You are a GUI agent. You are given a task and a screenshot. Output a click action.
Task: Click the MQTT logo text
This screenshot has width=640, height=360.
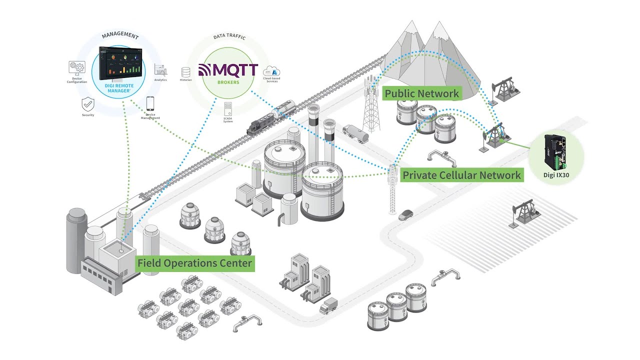(x=228, y=70)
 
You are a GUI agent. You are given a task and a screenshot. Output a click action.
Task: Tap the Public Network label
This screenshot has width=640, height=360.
(x=421, y=93)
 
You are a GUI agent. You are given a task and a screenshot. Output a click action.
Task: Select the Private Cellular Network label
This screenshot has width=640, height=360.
(x=461, y=175)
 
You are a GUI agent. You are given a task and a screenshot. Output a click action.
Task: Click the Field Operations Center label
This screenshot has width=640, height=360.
(x=194, y=263)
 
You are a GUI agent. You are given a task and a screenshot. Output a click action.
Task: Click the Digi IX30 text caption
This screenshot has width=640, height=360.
(x=556, y=175)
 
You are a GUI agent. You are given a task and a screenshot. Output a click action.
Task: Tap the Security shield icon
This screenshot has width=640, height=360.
(x=88, y=104)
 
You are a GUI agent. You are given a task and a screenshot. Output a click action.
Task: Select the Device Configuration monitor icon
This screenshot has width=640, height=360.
(x=76, y=68)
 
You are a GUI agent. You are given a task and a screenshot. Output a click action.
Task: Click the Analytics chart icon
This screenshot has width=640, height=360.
(x=160, y=70)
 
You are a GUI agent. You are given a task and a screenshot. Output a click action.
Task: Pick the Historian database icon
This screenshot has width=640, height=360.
(x=186, y=71)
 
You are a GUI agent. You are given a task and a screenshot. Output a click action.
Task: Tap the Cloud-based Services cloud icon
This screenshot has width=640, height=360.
(x=272, y=70)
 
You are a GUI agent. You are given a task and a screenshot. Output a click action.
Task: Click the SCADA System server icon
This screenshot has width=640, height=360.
(x=228, y=108)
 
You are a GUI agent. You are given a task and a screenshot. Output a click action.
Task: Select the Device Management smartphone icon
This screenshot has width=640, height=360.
(x=150, y=104)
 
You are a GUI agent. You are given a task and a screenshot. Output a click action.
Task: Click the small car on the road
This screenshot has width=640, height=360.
(x=405, y=215)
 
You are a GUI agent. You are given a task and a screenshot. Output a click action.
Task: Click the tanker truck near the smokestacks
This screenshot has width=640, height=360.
(x=356, y=133)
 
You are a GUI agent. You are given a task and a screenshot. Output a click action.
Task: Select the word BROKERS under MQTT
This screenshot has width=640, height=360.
(x=228, y=82)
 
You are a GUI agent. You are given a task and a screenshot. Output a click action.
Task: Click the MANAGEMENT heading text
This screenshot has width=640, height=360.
(x=120, y=36)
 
